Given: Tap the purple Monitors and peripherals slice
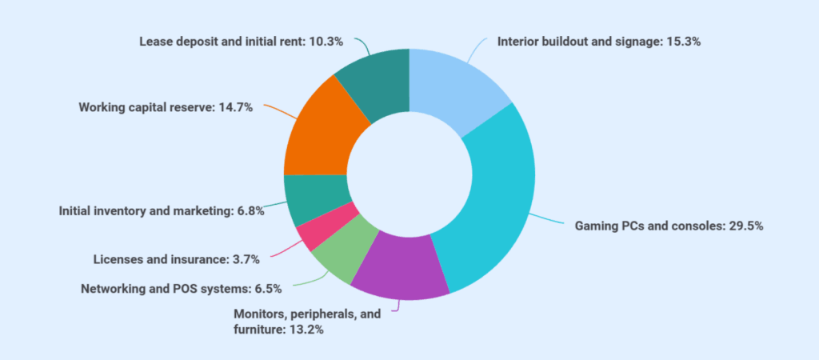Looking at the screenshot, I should tap(400, 272).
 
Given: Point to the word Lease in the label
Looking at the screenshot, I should tap(155, 41).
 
